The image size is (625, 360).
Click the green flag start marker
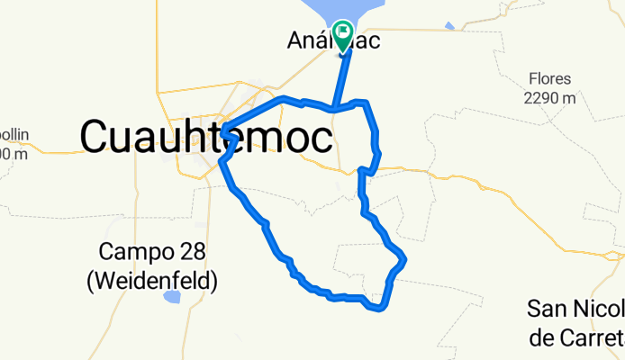(x=343, y=34)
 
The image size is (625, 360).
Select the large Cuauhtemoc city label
(x=206, y=138)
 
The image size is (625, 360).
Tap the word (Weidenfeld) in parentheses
(x=152, y=281)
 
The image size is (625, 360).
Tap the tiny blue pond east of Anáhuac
(x=449, y=28)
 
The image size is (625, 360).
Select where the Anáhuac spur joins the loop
(x=334, y=109)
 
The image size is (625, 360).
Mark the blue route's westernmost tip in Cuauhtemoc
(x=222, y=126)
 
